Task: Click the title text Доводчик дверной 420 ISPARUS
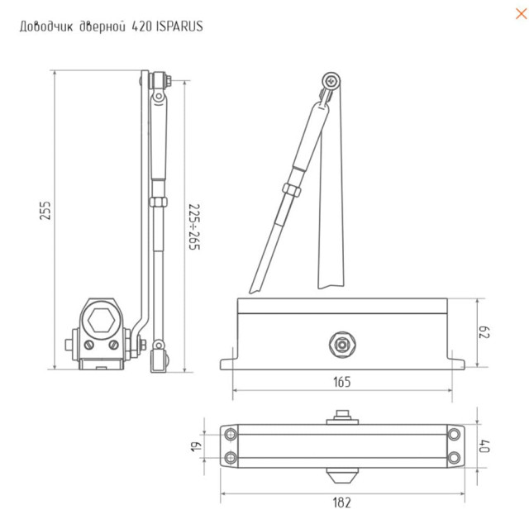tap(110, 26)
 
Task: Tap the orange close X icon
tap(517, 13)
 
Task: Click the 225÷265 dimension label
tap(193, 226)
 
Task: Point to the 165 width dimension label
tap(341, 382)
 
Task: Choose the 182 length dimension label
tap(341, 502)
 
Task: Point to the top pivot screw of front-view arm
tap(331, 80)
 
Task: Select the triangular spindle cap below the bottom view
tap(341, 476)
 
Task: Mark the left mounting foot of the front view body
tap(228, 361)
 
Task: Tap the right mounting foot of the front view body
tap(456, 361)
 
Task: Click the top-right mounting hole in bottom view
tap(453, 435)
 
